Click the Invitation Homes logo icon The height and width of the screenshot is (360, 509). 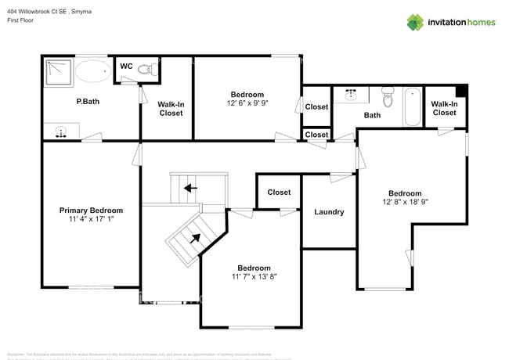416,22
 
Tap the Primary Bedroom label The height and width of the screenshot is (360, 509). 91,211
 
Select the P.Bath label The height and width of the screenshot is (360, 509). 87,101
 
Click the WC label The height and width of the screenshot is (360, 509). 125,67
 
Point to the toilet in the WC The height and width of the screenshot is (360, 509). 146,70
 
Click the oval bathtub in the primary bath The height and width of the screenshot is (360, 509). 93,71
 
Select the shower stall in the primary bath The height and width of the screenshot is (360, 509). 57,71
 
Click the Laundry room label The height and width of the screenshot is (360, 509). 329,211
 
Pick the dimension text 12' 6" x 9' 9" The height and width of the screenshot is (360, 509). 247,103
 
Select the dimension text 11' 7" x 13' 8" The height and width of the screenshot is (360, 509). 254,276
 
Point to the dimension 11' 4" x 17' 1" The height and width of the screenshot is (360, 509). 91,220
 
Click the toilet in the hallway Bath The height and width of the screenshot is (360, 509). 387,98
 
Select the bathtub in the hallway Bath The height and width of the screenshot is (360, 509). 413,108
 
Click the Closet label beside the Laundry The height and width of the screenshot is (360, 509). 279,192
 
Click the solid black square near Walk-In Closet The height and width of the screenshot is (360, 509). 461,90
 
